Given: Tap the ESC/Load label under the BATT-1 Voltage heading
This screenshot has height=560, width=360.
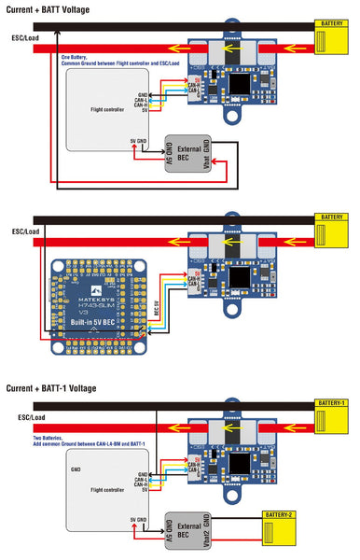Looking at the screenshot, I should click(25, 417).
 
